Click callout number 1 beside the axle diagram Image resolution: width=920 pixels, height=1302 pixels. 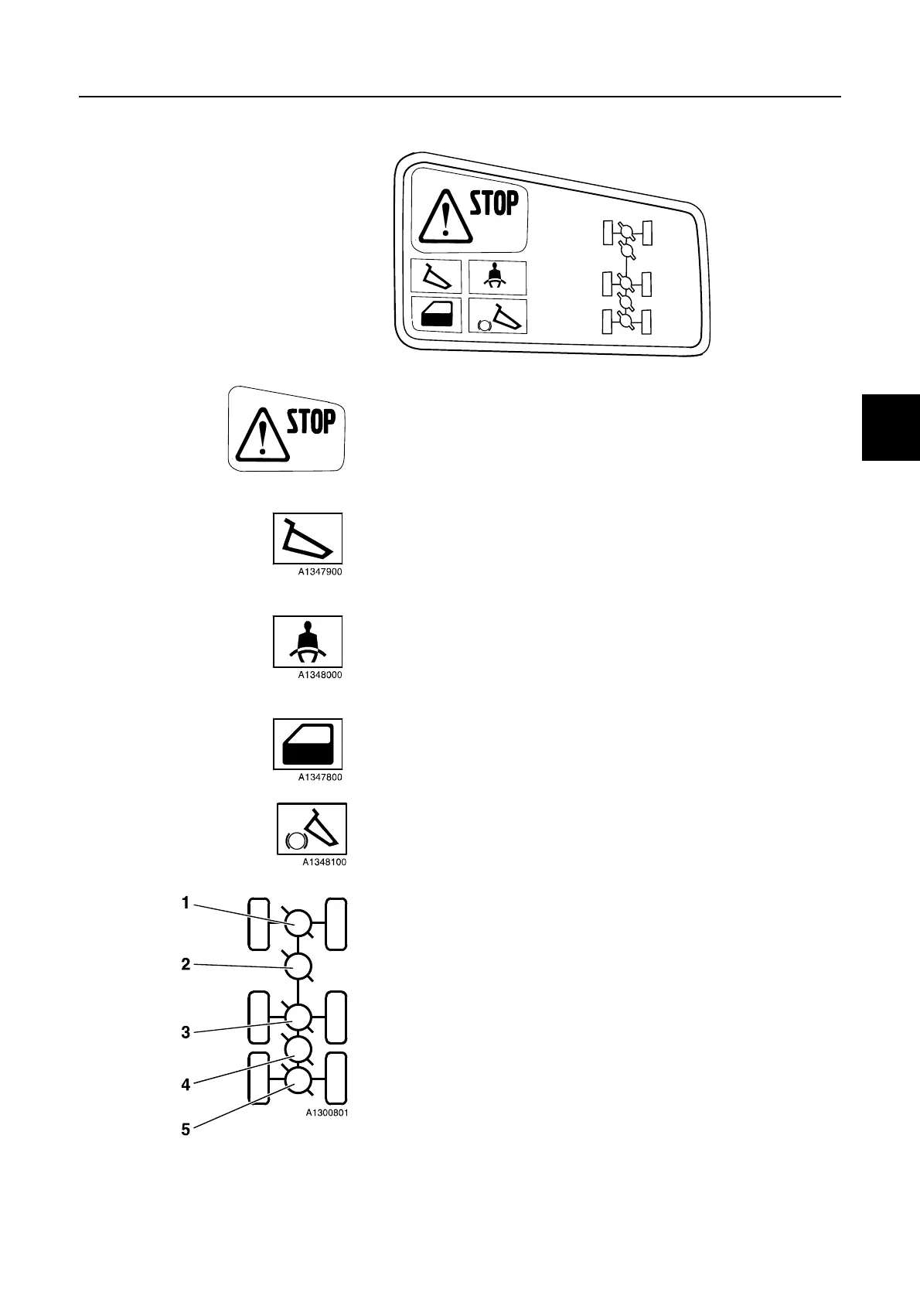tap(186, 902)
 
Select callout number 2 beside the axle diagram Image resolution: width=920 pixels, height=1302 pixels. tap(186, 964)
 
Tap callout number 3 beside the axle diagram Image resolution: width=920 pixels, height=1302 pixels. tap(186, 1031)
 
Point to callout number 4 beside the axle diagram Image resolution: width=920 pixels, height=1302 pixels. tap(186, 1085)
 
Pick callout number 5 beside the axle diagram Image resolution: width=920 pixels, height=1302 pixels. tap(186, 1129)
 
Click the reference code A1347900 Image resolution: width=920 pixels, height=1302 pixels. tap(320, 572)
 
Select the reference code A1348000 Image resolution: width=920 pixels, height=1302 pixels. tap(320, 675)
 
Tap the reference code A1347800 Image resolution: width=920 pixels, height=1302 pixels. tap(320, 778)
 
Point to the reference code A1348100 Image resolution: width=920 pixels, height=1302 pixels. tap(324, 862)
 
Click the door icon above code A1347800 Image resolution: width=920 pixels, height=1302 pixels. tap(308, 744)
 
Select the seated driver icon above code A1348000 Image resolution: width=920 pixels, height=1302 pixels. tap(308, 642)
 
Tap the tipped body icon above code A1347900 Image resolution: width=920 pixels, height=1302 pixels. tap(308, 538)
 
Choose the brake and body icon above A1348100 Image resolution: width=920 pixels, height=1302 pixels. tap(312, 829)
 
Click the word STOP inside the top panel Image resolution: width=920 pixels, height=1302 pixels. tap(494, 204)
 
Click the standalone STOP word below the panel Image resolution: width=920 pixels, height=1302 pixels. tap(312, 422)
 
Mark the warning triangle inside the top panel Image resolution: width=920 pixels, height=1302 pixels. tap(445, 216)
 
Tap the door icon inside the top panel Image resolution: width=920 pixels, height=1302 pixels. tap(436, 315)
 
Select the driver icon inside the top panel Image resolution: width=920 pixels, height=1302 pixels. tap(498, 277)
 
